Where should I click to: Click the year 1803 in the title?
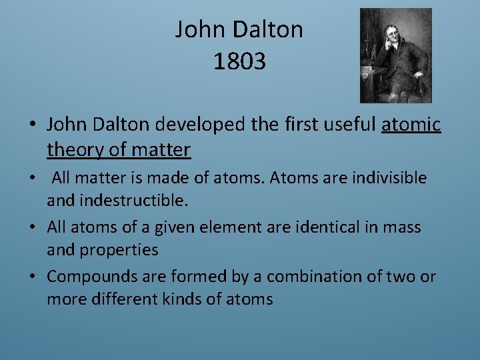pyautogui.click(x=239, y=61)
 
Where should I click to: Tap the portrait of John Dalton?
pyautogui.click(x=395, y=55)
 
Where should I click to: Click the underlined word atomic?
pyautogui.click(x=411, y=124)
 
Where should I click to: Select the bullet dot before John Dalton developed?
pyautogui.click(x=33, y=125)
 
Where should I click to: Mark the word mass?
pyautogui.click(x=402, y=227)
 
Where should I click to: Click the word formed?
pyautogui.click(x=193, y=277)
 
